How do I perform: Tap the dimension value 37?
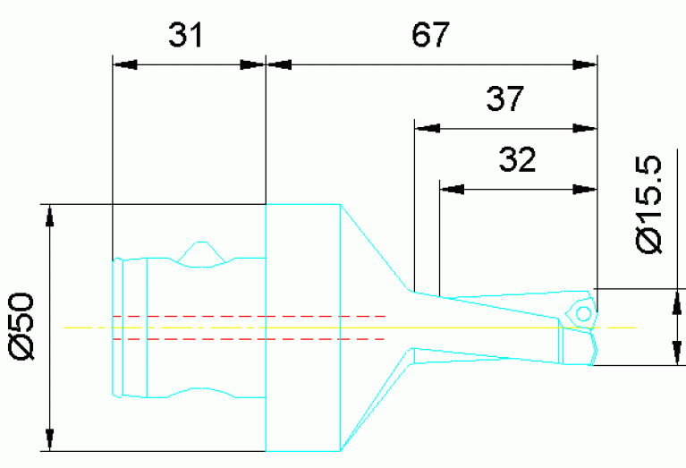click(x=504, y=98)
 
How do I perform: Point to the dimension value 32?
click(x=517, y=160)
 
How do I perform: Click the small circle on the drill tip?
click(x=583, y=314)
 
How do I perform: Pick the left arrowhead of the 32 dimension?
click(x=452, y=189)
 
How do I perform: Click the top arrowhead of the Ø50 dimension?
click(x=51, y=215)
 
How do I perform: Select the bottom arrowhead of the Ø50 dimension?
click(x=51, y=441)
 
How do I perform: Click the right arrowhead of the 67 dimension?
click(x=585, y=64)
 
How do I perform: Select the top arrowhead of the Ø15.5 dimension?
click(x=672, y=299)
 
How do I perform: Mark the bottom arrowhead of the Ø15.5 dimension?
click(x=672, y=354)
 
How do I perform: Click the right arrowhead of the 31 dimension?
click(x=255, y=64)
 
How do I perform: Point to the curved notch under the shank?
click(x=204, y=394)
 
